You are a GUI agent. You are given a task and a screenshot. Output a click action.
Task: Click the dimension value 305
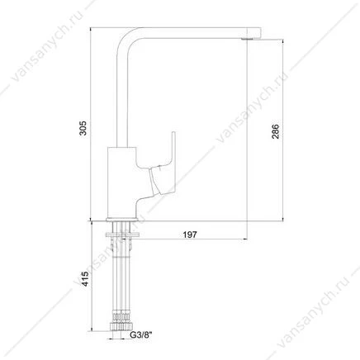[83, 128]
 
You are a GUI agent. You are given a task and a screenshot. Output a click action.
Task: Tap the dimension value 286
[275, 131]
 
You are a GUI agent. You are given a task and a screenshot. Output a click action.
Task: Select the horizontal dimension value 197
[190, 234]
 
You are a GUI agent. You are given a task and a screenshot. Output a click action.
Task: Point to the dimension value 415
[86, 279]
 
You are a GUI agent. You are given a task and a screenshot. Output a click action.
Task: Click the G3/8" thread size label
[141, 335]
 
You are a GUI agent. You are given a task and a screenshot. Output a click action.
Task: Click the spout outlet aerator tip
[247, 40]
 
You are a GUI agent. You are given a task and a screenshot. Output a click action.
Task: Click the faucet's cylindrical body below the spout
[121, 182]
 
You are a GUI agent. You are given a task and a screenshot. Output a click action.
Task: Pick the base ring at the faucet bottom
[122, 220]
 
